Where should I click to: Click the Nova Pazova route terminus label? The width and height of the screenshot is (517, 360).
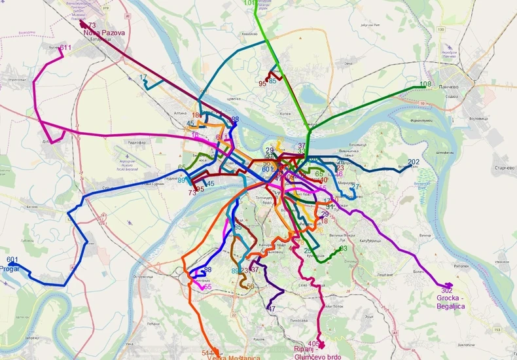[105, 31]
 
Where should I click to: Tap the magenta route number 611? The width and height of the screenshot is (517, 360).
[65, 48]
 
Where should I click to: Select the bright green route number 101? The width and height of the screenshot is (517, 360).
[250, 3]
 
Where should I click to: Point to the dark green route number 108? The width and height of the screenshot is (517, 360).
[425, 84]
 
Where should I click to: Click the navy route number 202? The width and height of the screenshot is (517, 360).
[414, 162]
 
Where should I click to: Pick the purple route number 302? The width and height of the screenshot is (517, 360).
[447, 290]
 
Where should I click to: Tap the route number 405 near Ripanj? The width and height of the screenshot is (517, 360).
[313, 344]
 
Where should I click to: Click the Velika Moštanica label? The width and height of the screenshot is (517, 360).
[232, 357]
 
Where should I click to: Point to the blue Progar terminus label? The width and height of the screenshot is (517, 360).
[12, 268]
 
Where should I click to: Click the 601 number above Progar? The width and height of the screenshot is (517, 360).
[12, 260]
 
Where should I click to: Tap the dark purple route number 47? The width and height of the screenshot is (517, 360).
[272, 308]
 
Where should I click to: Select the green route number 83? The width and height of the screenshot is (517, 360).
[343, 249]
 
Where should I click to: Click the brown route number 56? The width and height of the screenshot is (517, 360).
[250, 286]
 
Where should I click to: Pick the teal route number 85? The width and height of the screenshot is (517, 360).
[272, 82]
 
